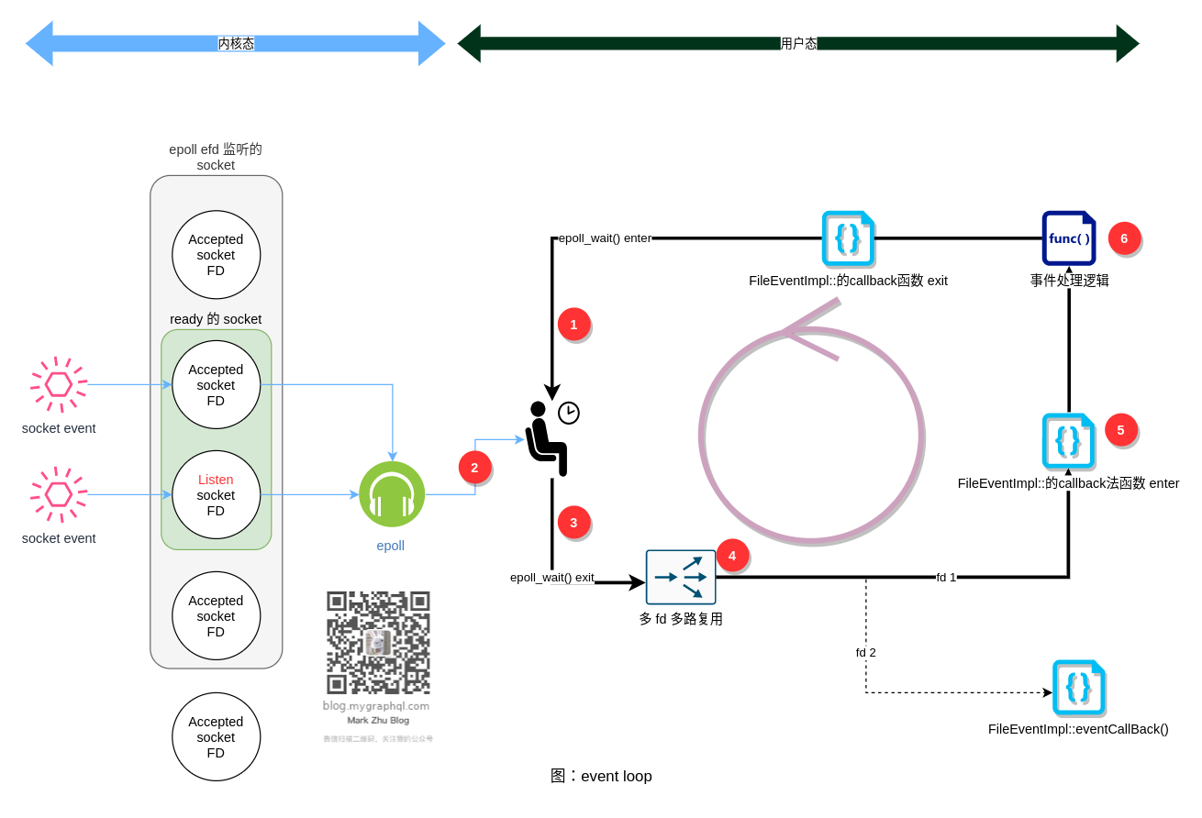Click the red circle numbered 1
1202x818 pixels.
[x=573, y=325]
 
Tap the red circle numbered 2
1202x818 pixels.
[x=474, y=468]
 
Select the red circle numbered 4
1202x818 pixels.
[x=732, y=556]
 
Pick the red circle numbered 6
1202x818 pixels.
[x=1124, y=238]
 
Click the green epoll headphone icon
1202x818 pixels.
[x=392, y=494]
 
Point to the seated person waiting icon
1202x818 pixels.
[x=548, y=438]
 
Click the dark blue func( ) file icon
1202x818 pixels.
[x=1069, y=238]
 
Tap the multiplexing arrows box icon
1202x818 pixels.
[x=680, y=578]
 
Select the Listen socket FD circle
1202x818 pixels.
[x=216, y=495]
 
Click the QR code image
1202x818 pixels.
[x=378, y=643]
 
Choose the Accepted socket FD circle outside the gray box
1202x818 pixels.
[x=216, y=737]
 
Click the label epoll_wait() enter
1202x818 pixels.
[x=605, y=238]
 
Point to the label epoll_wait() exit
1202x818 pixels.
[x=551, y=578]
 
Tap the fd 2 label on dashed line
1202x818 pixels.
[x=865, y=653]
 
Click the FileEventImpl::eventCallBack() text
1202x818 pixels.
[x=1078, y=730]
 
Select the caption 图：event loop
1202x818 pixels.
[x=601, y=777]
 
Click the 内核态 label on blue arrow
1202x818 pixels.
[x=236, y=43]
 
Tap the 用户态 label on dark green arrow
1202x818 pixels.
[x=798, y=43]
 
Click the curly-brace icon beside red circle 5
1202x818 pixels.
[x=1068, y=441]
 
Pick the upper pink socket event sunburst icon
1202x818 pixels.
[x=59, y=384]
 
